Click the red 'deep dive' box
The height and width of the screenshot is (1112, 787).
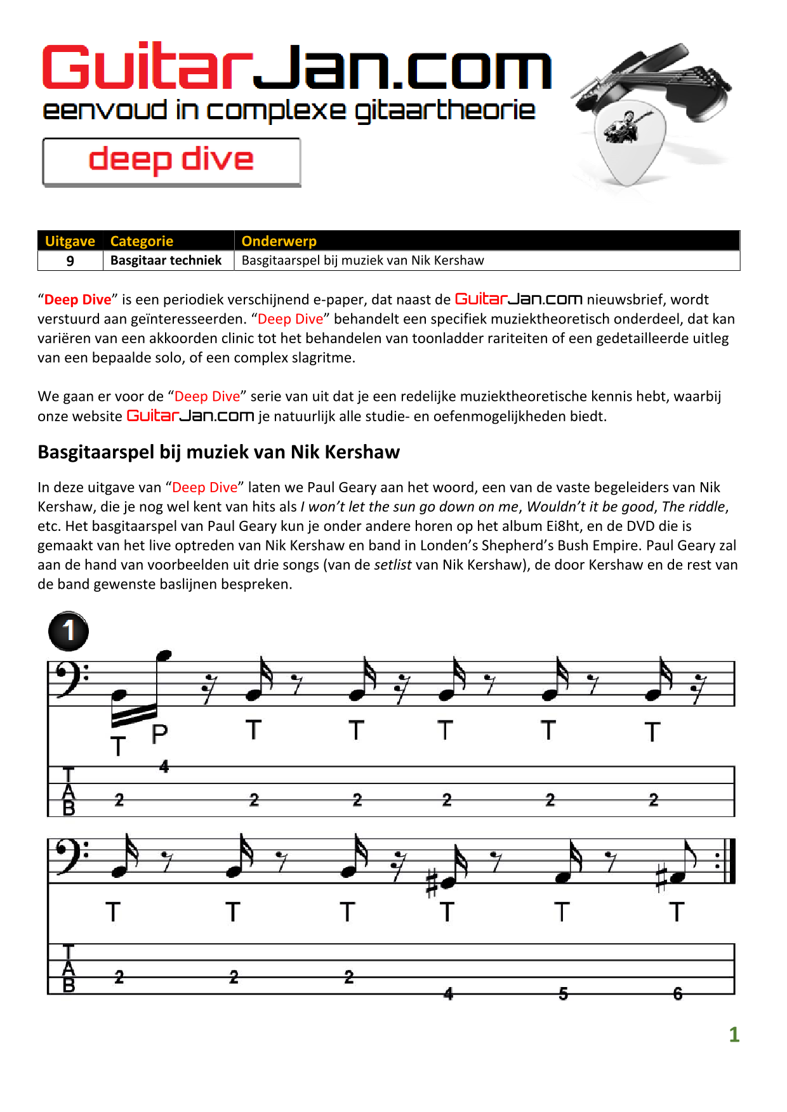point(171,161)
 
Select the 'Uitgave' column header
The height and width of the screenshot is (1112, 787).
point(70,241)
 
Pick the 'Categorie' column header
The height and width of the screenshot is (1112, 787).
point(142,241)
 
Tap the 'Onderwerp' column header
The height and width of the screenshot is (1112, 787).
point(279,241)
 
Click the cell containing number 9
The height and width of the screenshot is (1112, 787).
point(70,261)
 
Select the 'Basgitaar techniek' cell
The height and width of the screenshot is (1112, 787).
point(166,261)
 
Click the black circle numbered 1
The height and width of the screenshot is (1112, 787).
point(69,631)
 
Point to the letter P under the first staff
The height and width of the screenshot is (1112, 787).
point(160,734)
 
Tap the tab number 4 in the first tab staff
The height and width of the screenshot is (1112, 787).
point(164,767)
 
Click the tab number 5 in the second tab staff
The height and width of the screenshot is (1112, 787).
point(563,993)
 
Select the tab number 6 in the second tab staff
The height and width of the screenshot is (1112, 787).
point(678,993)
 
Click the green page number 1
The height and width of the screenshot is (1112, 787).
point(734,1035)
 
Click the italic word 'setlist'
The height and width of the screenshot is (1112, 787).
point(393,565)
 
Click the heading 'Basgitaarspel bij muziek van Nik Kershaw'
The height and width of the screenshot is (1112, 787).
point(218,452)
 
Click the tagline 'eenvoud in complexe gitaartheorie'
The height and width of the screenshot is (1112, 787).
point(289,111)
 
